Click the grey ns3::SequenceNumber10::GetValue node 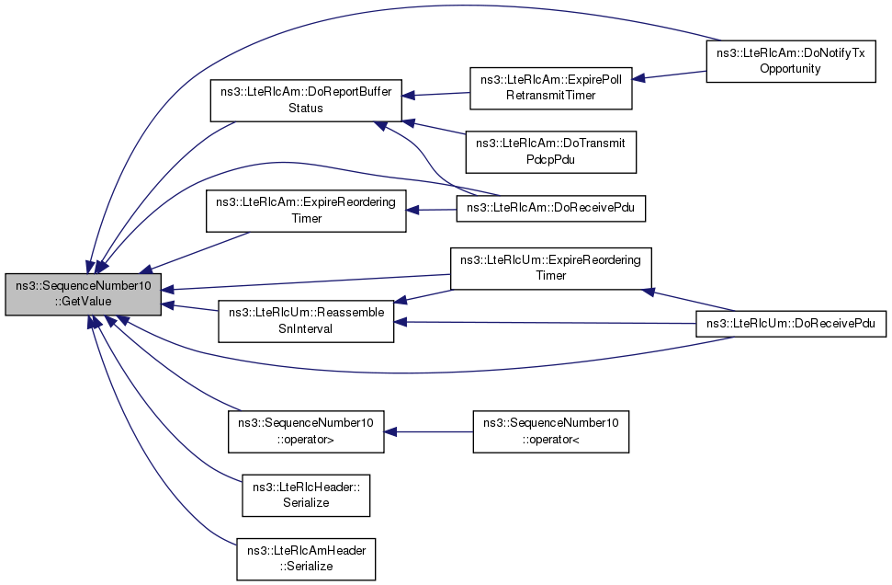coord(83,294)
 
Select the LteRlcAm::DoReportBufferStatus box coord(306,100)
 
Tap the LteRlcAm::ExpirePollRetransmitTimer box coord(550,87)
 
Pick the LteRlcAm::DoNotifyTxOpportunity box coord(791,61)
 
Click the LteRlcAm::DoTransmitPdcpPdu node coord(550,152)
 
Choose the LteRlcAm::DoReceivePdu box coord(550,208)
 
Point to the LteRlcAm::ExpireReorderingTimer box coord(306,211)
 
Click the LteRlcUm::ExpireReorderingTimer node coord(550,269)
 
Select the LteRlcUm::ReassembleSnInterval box coord(306,321)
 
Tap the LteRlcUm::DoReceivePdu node coord(791,324)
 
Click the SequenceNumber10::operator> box coord(306,431)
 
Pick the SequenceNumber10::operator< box coord(550,431)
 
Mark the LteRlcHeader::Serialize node coord(306,496)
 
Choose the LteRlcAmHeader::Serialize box coord(306,559)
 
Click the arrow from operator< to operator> coord(428,431)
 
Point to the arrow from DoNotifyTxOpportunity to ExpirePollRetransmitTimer coord(669,75)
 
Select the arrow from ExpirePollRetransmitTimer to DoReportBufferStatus coord(435,95)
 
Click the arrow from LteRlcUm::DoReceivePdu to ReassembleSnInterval coord(545,323)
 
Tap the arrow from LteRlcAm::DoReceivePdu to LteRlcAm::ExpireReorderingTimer coord(431,211)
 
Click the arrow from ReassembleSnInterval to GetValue coord(190,307)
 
